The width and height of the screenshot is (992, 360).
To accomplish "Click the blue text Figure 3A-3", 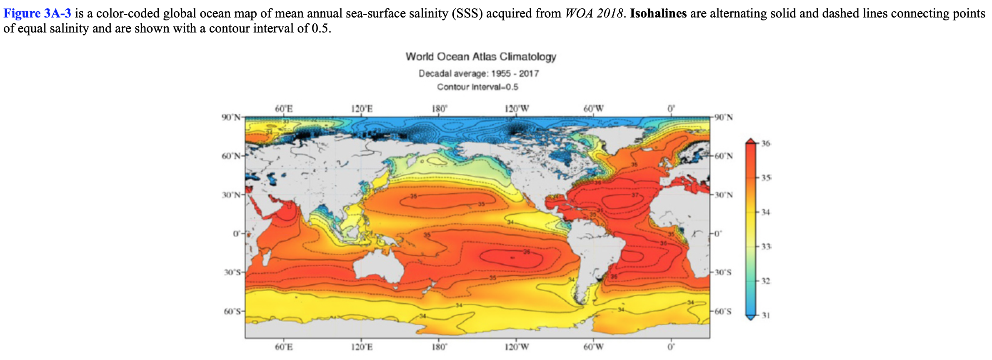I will pyautogui.click(x=37, y=13).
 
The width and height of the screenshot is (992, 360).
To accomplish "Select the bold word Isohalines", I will pyautogui.click(x=658, y=13).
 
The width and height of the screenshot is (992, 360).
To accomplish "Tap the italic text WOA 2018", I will pyautogui.click(x=594, y=13).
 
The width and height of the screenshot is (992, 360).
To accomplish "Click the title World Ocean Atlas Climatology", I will pyautogui.click(x=481, y=57).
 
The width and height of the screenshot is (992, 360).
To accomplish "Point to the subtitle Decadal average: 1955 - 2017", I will pyautogui.click(x=479, y=74).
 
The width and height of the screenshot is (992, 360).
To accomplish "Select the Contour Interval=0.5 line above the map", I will pyautogui.click(x=477, y=87).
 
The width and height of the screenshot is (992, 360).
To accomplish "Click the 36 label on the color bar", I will pyautogui.click(x=766, y=144).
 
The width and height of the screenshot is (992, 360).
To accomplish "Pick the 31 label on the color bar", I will pyautogui.click(x=766, y=315).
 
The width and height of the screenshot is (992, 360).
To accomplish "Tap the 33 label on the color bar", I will pyautogui.click(x=766, y=247).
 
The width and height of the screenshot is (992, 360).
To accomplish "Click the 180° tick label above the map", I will pyautogui.click(x=439, y=109).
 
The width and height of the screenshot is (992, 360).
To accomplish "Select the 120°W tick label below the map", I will pyautogui.click(x=517, y=347).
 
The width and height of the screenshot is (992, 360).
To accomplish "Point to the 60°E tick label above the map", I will pyautogui.click(x=284, y=109).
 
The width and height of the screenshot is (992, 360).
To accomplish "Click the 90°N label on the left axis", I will pyautogui.click(x=231, y=117).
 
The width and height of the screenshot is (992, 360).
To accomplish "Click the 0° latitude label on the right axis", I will pyautogui.click(x=717, y=234).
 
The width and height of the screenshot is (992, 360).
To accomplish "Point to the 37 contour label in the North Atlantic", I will pyautogui.click(x=635, y=195).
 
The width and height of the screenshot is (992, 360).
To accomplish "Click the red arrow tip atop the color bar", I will pyautogui.click(x=750, y=140).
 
